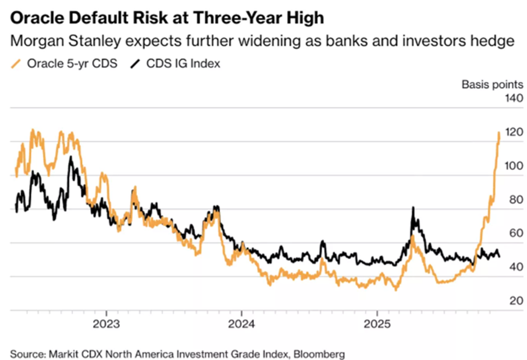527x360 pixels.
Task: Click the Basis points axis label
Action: [491, 84]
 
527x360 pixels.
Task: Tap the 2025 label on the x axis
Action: [377, 323]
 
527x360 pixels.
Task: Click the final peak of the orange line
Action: [500, 132]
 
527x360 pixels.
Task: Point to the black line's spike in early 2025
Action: [414, 208]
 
